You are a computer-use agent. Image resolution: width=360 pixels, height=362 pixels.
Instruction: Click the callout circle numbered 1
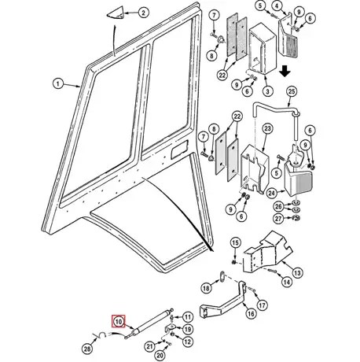pyautogui.click(x=58, y=84)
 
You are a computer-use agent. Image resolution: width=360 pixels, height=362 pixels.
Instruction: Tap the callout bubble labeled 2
pyautogui.click(x=143, y=13)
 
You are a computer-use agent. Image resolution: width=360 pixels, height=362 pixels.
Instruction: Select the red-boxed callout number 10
pyautogui.click(x=119, y=321)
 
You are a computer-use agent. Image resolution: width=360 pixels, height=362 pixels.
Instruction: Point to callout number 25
pyautogui.click(x=292, y=91)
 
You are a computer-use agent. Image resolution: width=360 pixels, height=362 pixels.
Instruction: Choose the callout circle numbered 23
pyautogui.click(x=267, y=128)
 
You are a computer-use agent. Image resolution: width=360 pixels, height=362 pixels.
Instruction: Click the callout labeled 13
pyautogui.click(x=297, y=273)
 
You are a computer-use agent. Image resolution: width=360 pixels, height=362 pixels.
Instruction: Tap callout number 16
pyautogui.click(x=251, y=313)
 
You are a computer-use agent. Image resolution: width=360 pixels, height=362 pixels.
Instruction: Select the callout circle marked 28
pyautogui.click(x=87, y=349)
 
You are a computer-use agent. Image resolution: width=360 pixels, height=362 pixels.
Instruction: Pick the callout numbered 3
pyautogui.click(x=267, y=91)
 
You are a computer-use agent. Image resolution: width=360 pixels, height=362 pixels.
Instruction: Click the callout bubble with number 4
pyautogui.click(x=277, y=6)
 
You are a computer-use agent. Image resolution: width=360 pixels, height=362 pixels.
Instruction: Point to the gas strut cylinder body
pyautogui.click(x=152, y=320)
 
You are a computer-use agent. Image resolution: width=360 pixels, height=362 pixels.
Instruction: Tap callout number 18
pyautogui.click(x=207, y=288)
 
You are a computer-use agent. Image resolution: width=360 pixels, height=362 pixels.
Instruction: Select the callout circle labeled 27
pyautogui.click(x=278, y=218)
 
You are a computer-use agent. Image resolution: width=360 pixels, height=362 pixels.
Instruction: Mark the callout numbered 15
pyautogui.click(x=235, y=243)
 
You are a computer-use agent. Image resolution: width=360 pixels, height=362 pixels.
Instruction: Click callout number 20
pyautogui.click(x=160, y=355)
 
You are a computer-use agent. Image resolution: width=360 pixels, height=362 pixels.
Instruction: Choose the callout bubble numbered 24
pyautogui.click(x=272, y=194)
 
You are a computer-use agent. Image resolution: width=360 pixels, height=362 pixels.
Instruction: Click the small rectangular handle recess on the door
pyautogui.click(x=179, y=150)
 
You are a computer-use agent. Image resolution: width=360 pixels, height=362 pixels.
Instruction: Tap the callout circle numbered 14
pyautogui.click(x=287, y=282)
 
